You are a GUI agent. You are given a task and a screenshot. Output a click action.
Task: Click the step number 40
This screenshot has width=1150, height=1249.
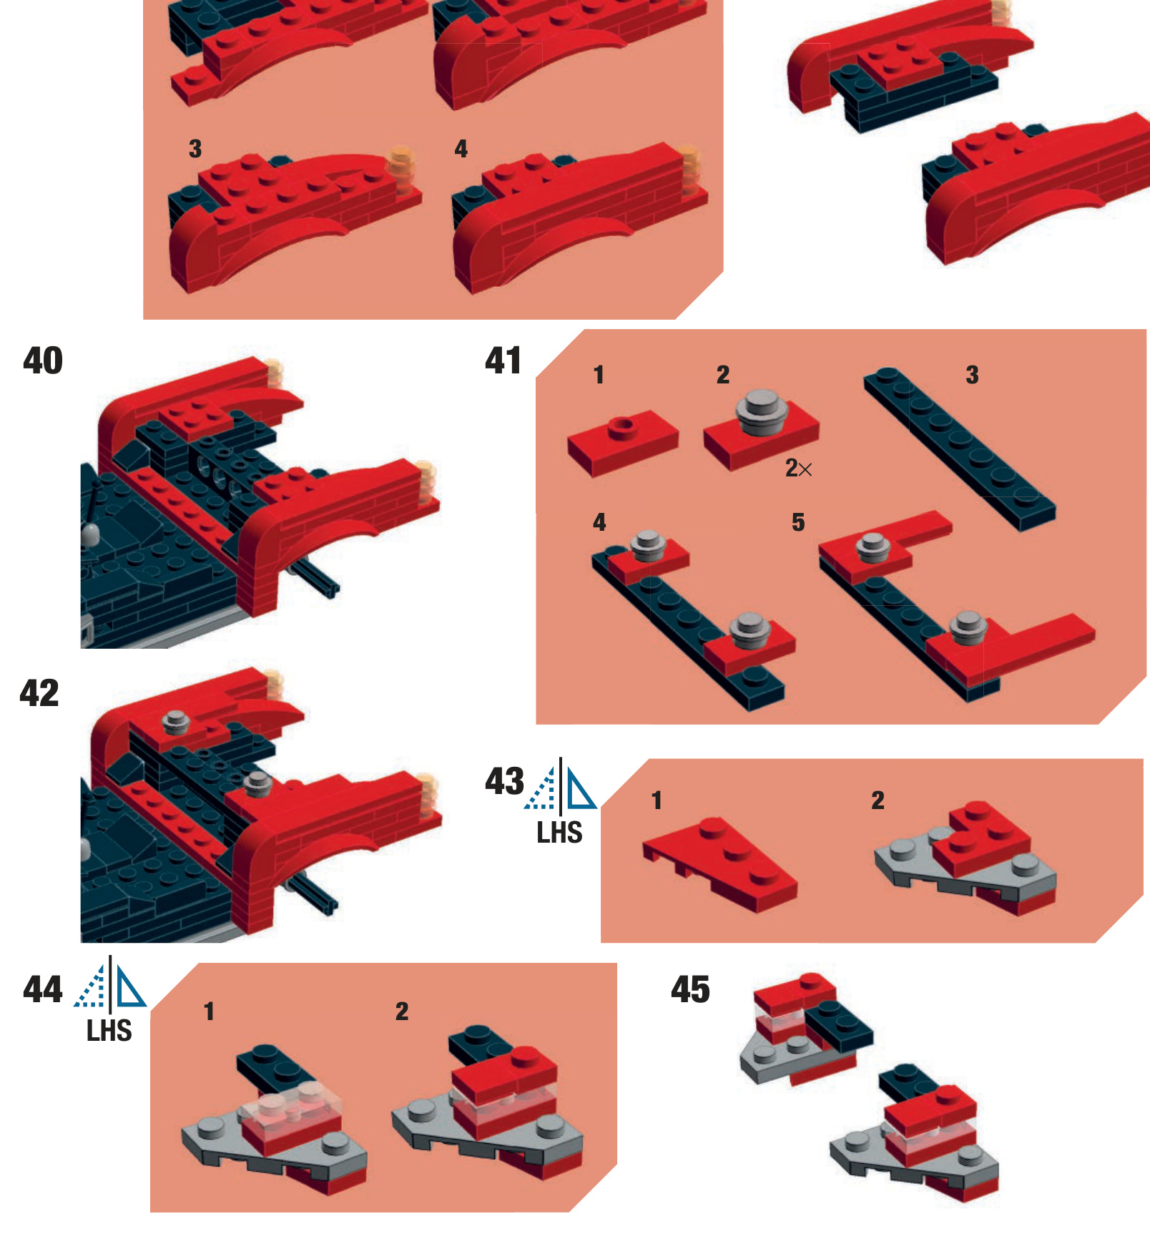tap(43, 361)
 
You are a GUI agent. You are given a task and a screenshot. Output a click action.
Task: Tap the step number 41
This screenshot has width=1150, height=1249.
tap(503, 361)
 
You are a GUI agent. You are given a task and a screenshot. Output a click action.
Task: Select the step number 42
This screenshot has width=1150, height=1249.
tap(39, 693)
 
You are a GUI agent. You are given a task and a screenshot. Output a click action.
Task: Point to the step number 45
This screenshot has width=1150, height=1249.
tap(690, 990)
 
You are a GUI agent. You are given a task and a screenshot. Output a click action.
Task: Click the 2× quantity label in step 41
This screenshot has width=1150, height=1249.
tap(798, 469)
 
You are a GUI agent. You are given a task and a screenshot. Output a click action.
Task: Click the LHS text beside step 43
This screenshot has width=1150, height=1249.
tap(559, 833)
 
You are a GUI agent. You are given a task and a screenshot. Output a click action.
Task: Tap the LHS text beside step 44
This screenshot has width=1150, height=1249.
tap(109, 1031)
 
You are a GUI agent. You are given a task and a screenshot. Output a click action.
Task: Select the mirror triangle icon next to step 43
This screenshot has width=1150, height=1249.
tap(561, 785)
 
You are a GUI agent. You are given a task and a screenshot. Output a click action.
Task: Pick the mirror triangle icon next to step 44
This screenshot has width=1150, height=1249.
tap(110, 983)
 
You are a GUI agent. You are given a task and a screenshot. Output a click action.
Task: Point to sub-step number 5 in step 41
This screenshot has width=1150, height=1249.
tap(798, 523)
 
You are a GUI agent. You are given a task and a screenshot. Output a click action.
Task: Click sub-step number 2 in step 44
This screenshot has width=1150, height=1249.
tap(402, 1012)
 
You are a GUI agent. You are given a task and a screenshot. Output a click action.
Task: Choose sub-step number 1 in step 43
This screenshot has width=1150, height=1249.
tap(657, 800)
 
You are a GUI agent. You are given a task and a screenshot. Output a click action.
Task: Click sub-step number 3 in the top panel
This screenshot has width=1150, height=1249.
tap(195, 149)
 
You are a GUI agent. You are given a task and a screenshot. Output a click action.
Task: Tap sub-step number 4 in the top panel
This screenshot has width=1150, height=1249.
tap(461, 149)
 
